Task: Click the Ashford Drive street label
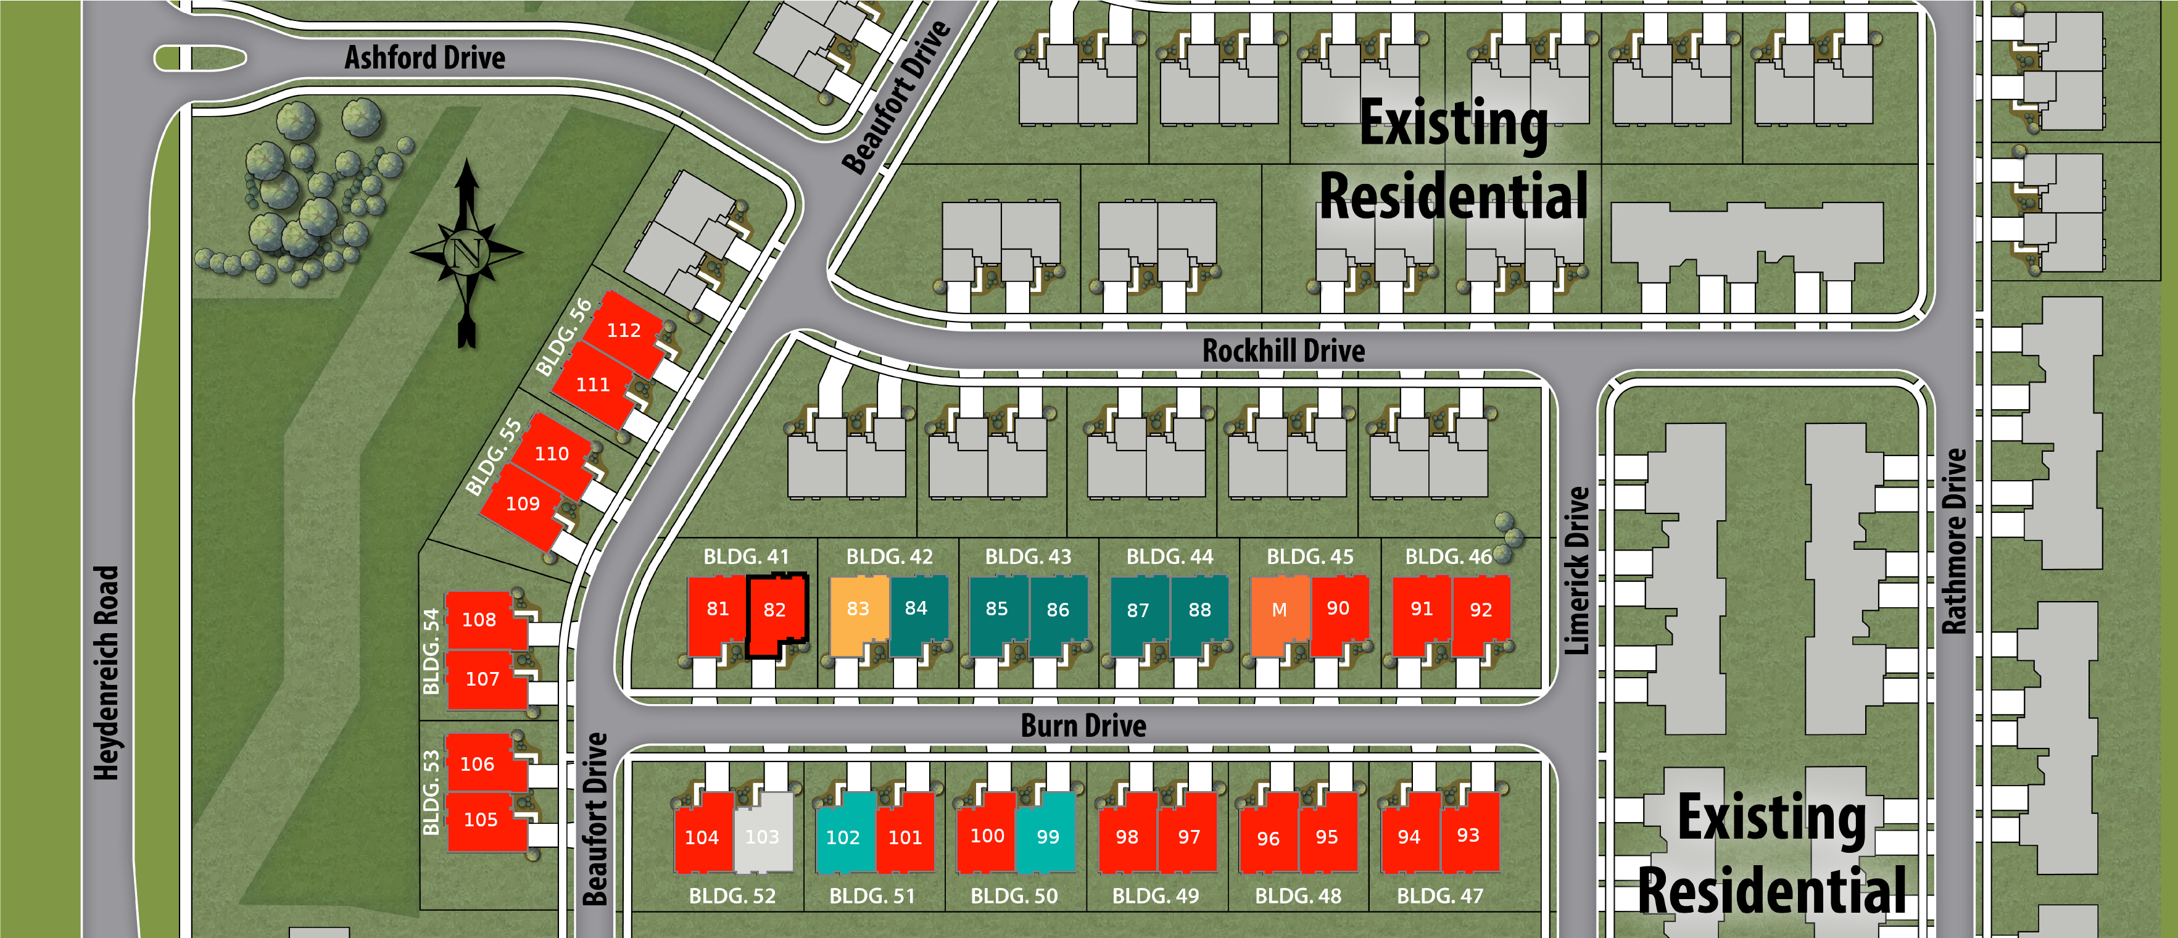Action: pyautogui.click(x=424, y=57)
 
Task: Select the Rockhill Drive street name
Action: pyautogui.click(x=1283, y=350)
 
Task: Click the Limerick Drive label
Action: pyautogui.click(x=1577, y=570)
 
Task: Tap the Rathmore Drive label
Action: pyautogui.click(x=1954, y=541)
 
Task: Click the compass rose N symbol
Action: pyautogui.click(x=466, y=252)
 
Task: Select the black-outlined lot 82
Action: pyautogui.click(x=774, y=611)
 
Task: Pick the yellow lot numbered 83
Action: pyautogui.click(x=858, y=611)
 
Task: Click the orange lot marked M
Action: pyautogui.click(x=1279, y=611)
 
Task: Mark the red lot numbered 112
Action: pyautogui.click(x=624, y=331)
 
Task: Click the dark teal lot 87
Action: pyautogui.click(x=1138, y=611)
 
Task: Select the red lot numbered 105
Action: pyautogui.click(x=481, y=820)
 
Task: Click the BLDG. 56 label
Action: pyautogui.click(x=564, y=338)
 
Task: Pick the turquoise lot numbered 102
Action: pyautogui.click(x=843, y=837)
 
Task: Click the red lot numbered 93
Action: pyautogui.click(x=1468, y=835)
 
